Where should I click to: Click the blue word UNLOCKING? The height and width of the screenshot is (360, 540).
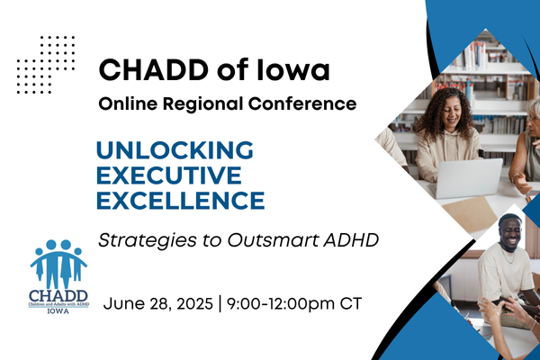pos(174,148)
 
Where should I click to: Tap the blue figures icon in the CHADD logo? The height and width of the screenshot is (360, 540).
pos(58,261)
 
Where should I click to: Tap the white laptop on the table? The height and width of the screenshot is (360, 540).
pos(468,178)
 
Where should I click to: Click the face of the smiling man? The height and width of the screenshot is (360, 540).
pos(510,233)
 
